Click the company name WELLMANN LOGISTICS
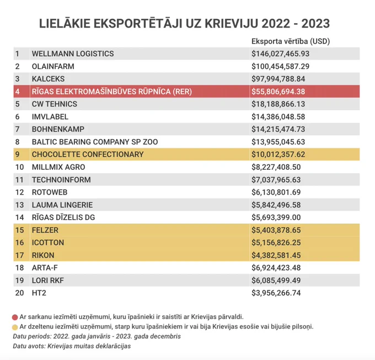coord(73,53)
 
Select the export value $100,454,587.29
coord(280,66)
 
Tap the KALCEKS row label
coord(48,79)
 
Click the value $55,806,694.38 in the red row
coord(278,92)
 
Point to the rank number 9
coord(18,154)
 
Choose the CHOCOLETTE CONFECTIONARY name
coord(88,154)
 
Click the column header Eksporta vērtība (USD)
coord(291,41)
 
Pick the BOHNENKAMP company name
coord(58,129)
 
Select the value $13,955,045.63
coord(278,142)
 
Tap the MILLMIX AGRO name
coord(58,167)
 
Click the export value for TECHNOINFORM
coord(276,180)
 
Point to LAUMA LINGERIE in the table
coord(62,205)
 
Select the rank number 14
coord(19,217)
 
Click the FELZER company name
coord(45,230)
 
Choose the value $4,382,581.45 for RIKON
coord(276,255)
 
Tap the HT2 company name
coord(39,293)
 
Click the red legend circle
coord(15,317)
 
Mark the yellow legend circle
coord(15,327)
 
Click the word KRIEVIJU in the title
coord(232,24)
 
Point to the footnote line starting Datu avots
coord(72,346)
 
